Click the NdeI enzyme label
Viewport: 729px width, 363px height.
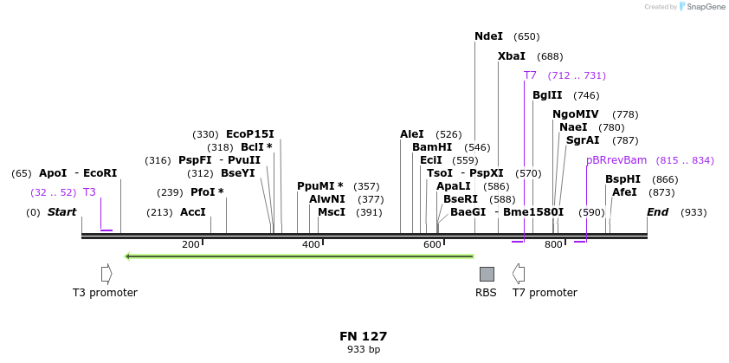click(x=488, y=36)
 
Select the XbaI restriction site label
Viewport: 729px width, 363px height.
click(x=511, y=56)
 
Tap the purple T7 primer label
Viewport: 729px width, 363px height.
click(x=530, y=75)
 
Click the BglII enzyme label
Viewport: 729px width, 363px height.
click(x=547, y=95)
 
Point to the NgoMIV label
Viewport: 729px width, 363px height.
click(x=575, y=114)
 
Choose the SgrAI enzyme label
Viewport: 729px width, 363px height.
click(x=582, y=140)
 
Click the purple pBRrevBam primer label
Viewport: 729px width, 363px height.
click(x=616, y=160)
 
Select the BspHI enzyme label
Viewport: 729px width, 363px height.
click(x=623, y=179)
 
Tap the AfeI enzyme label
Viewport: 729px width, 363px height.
click(x=624, y=192)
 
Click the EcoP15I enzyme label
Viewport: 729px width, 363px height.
click(x=249, y=134)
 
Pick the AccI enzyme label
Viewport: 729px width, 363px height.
click(x=193, y=212)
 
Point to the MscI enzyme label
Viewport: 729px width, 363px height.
click(x=332, y=212)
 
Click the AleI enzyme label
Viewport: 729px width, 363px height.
click(x=412, y=134)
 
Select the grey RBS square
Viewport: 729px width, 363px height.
click(x=487, y=274)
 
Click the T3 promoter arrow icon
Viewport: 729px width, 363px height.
click(x=106, y=274)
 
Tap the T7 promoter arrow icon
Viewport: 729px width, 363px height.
click(x=519, y=274)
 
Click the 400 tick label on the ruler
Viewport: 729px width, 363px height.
click(x=311, y=245)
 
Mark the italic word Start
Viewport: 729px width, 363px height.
click(x=61, y=212)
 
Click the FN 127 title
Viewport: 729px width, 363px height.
click(x=363, y=336)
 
